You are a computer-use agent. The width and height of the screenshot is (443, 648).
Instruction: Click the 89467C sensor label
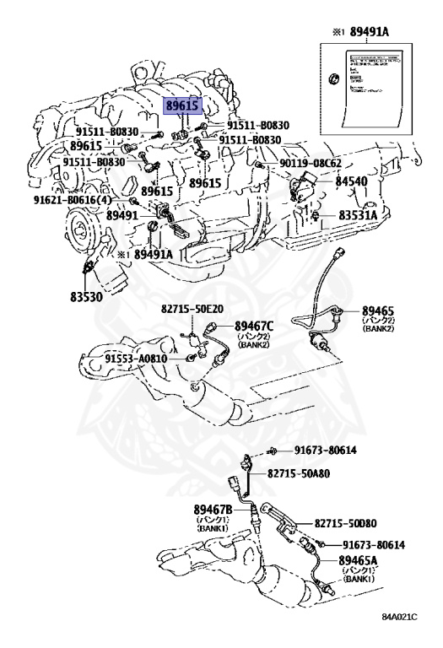coord(256,326)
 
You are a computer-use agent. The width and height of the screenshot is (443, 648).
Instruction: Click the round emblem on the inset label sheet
coord(334,80)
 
